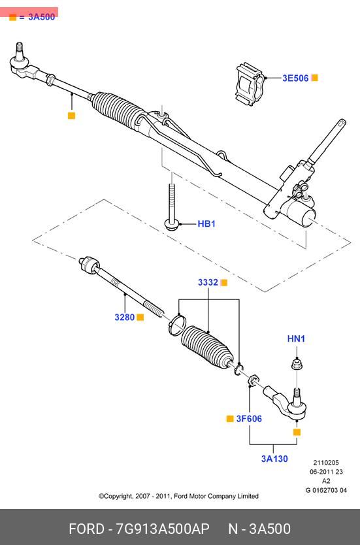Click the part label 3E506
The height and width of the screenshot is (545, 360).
(x=295, y=78)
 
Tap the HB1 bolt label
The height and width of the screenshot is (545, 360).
(x=206, y=224)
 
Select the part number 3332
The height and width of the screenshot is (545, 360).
(x=208, y=282)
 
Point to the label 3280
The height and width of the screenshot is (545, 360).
(x=124, y=317)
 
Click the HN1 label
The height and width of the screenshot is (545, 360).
(x=296, y=339)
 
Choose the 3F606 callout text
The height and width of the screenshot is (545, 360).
(x=249, y=419)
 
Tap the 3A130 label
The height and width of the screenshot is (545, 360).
(x=274, y=459)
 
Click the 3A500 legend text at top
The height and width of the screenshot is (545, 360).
(x=41, y=17)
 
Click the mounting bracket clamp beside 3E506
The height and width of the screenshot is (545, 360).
(x=250, y=84)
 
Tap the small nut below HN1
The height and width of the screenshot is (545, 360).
(x=297, y=365)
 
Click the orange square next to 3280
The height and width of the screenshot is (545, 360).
(x=140, y=317)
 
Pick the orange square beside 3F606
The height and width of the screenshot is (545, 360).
(x=230, y=419)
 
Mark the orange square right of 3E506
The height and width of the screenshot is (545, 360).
(x=314, y=78)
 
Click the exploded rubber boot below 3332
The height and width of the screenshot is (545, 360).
(x=208, y=346)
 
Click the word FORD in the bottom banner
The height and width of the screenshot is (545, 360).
(x=86, y=529)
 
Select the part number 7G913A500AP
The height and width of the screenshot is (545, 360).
(x=163, y=529)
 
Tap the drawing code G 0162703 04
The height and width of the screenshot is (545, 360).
(x=326, y=490)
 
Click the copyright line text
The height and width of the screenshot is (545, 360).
(x=178, y=496)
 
